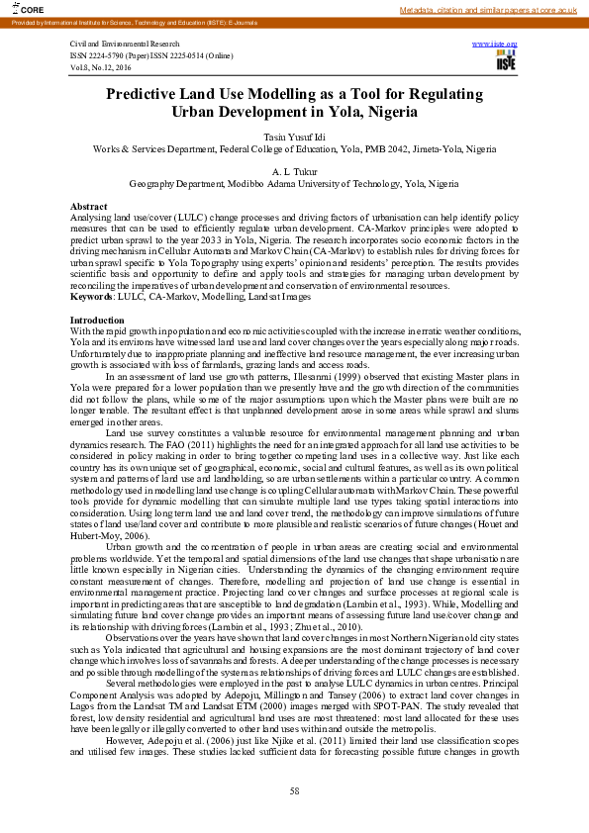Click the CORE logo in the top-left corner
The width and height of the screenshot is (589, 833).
(18, 9)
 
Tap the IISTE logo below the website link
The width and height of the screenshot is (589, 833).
(505, 61)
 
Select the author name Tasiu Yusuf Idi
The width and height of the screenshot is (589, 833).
(294, 136)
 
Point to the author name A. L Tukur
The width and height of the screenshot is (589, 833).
(294, 171)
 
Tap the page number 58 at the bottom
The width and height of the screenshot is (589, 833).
(294, 790)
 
